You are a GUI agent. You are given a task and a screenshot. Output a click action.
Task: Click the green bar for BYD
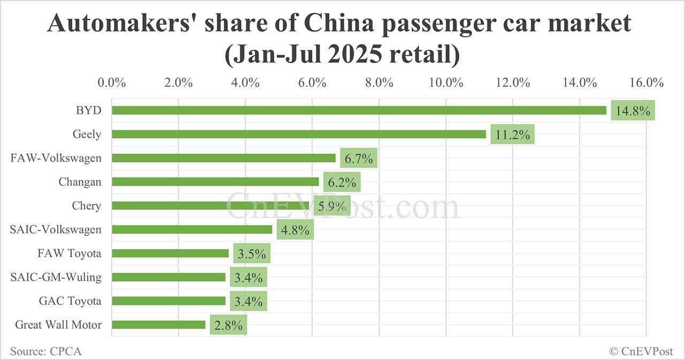click(359, 110)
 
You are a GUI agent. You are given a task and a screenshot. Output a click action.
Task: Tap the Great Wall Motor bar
click(158, 325)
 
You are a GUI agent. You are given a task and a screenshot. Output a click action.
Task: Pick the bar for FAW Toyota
click(170, 253)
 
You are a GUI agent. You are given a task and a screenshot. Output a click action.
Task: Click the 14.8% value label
click(633, 111)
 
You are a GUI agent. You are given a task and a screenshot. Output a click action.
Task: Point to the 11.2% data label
click(513, 135)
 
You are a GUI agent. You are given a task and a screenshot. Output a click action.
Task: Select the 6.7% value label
click(359, 158)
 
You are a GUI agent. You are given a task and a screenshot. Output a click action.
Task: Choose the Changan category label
click(80, 182)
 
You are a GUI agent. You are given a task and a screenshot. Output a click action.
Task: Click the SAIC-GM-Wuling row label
click(56, 277)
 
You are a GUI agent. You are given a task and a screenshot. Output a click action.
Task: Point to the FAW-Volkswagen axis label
click(56, 158)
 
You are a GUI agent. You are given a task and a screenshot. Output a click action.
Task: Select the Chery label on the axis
click(86, 205)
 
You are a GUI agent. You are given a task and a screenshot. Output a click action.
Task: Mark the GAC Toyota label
click(70, 301)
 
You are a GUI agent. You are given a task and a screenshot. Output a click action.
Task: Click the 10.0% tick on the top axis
click(446, 83)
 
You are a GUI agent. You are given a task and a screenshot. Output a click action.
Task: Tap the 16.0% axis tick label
click(646, 83)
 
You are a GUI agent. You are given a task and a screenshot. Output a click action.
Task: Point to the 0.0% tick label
click(112, 83)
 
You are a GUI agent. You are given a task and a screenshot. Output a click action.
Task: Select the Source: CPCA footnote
click(45, 351)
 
